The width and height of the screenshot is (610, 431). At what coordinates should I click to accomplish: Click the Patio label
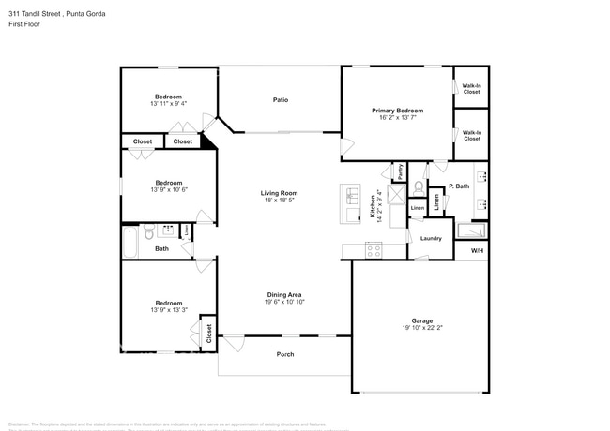click(280, 99)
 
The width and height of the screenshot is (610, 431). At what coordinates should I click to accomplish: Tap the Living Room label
click(280, 193)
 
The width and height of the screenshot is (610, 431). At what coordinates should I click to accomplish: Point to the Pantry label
click(400, 172)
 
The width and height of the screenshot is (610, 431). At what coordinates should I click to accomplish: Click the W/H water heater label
click(477, 250)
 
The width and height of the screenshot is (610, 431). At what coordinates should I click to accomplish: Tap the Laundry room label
click(431, 238)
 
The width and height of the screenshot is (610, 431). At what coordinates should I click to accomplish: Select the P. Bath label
click(459, 186)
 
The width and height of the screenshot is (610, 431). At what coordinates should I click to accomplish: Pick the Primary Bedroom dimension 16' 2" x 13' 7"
click(397, 117)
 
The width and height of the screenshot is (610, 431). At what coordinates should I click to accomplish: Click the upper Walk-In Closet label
click(471, 88)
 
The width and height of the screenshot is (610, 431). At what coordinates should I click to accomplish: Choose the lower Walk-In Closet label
click(471, 135)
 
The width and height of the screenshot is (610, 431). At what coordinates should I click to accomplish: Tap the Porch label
click(284, 354)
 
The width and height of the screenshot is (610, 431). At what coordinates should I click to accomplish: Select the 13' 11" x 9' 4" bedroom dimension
click(168, 104)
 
